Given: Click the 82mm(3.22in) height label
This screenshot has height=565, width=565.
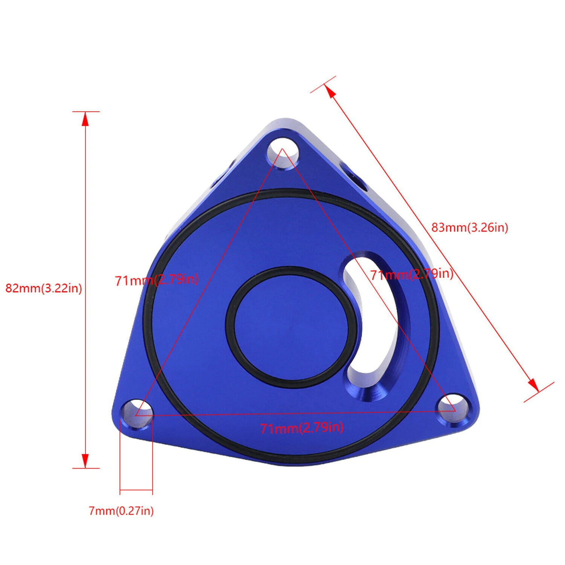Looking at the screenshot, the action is point(44,289).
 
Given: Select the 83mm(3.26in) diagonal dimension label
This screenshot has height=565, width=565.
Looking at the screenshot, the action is point(470,228).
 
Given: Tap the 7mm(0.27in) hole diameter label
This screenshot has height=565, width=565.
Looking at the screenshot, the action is point(121,511).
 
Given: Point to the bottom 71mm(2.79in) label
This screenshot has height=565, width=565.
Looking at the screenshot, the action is point(302,428).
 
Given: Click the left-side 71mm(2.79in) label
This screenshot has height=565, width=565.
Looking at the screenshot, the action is point(157,280).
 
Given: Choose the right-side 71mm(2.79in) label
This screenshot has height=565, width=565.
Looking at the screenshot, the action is point(412,274).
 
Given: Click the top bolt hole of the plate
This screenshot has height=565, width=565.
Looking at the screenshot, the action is point(283,153).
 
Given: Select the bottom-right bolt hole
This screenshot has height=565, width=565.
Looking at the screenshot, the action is point(452,408).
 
